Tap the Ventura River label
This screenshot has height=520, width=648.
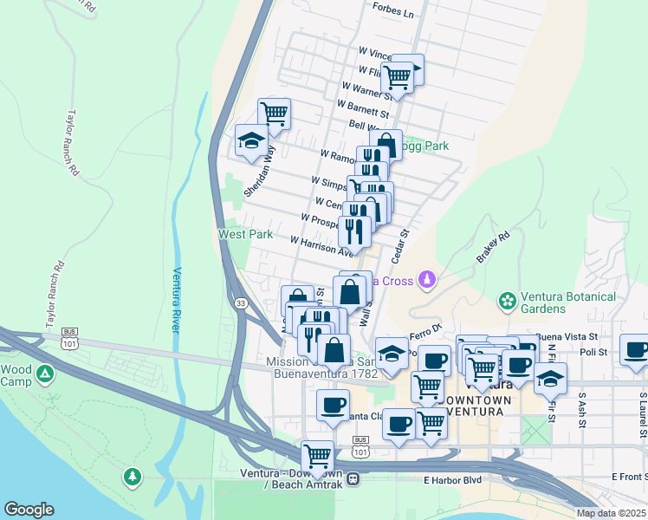coord(176,300)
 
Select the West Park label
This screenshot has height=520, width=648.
coord(245,234)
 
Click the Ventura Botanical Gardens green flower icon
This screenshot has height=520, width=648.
coord(507,302)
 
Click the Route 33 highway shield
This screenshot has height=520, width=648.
coord(240,302)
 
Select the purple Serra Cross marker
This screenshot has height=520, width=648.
coord(425,280)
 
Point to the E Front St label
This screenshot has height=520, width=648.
coord(628,477)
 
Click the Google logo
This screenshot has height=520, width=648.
coord(29,510)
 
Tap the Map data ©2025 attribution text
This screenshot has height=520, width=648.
coord(611,513)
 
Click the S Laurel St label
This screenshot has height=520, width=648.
coord(643,407)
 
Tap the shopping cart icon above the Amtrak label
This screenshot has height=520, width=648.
coord(317,454)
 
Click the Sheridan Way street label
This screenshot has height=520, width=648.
coord(259,172)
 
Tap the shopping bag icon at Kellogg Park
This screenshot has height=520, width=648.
coord(386,144)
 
